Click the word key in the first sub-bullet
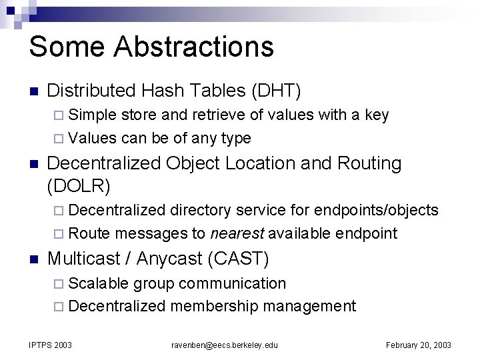point(377,115)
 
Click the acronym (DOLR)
point(78,185)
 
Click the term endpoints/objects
point(376,211)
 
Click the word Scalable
point(99,283)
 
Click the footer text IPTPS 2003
point(51,345)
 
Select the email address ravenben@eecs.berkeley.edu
point(224,345)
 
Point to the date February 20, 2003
point(419,345)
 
